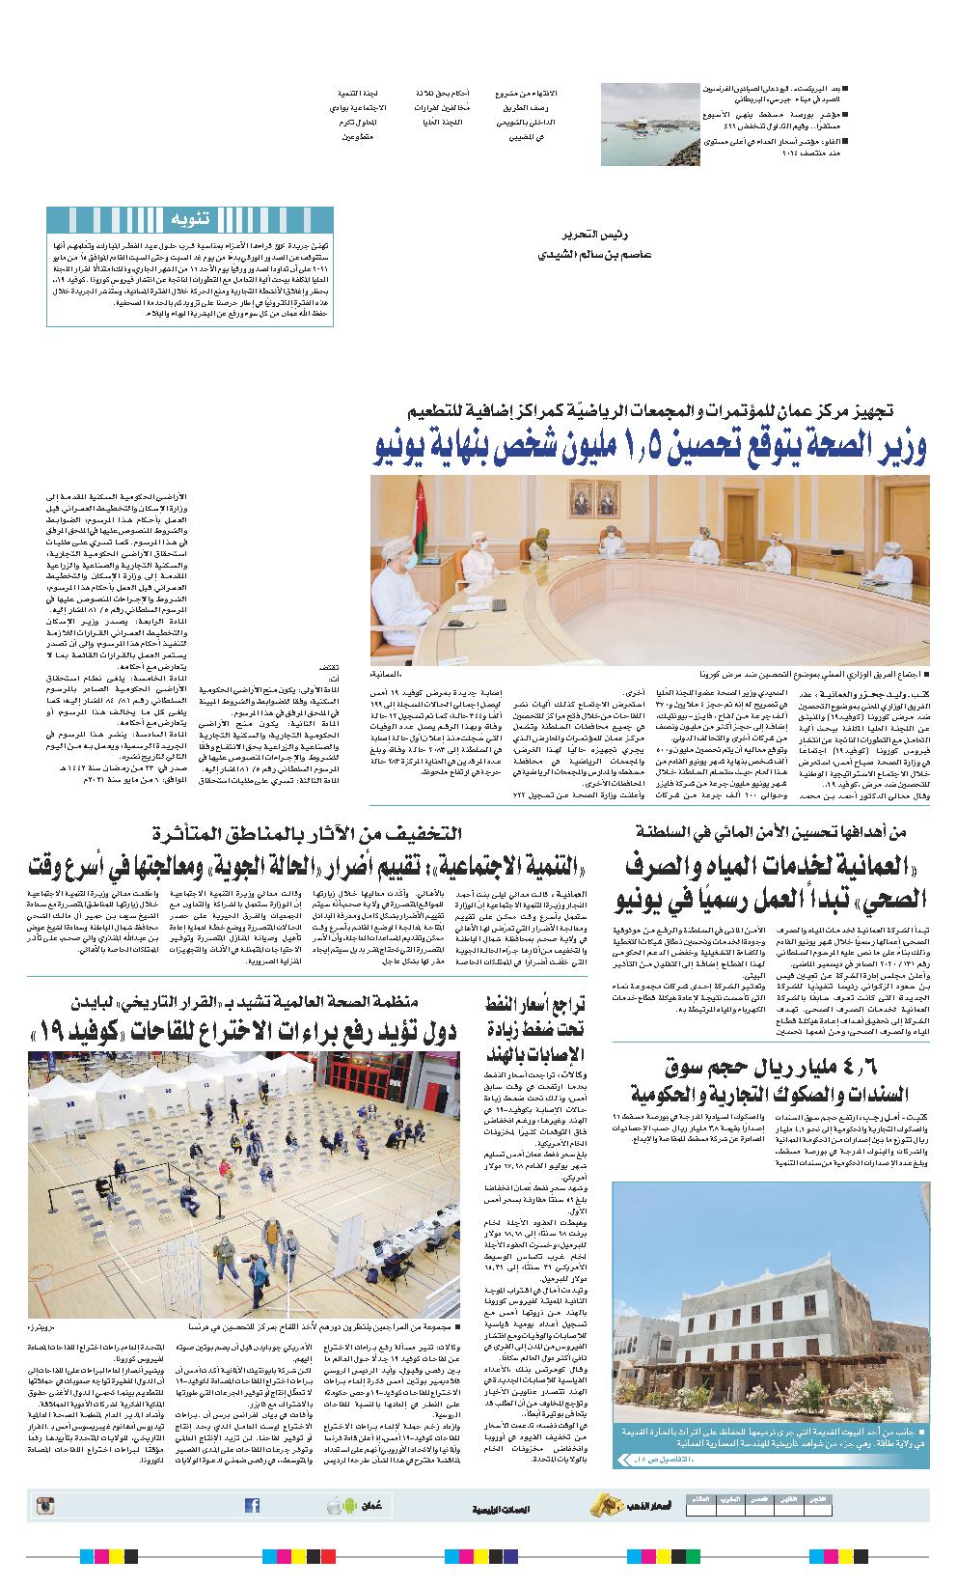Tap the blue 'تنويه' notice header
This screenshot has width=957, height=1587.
(x=189, y=219)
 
